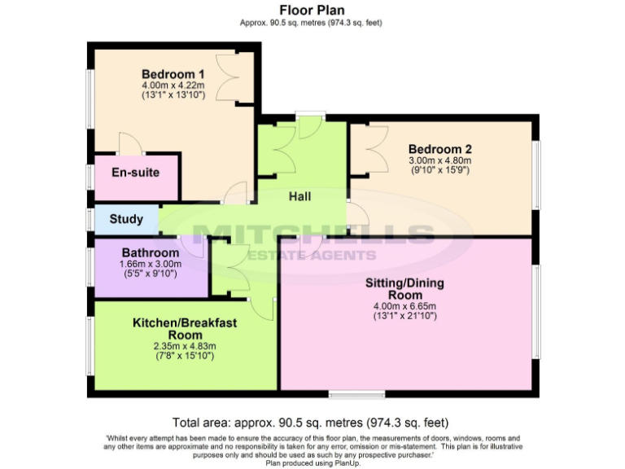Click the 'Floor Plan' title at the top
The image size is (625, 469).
tap(312, 10)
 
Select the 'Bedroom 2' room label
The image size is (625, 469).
tap(439, 149)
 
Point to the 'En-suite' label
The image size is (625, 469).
tap(135, 173)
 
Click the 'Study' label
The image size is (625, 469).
tap(126, 219)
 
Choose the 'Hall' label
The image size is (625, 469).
tap(299, 196)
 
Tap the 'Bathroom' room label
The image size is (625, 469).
tap(151, 252)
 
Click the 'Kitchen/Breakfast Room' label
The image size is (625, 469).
tap(185, 329)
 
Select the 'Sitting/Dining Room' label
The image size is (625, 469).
tap(404, 288)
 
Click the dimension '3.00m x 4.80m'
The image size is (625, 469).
tap(439, 160)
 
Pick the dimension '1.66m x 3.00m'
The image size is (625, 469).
tap(151, 264)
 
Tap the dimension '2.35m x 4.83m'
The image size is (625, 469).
tap(185, 346)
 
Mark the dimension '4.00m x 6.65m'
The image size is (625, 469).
tap(404, 306)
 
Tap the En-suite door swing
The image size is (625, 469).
tap(130, 143)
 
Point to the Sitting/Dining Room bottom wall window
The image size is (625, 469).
tap(357, 396)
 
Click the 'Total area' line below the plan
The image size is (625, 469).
tap(312, 423)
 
